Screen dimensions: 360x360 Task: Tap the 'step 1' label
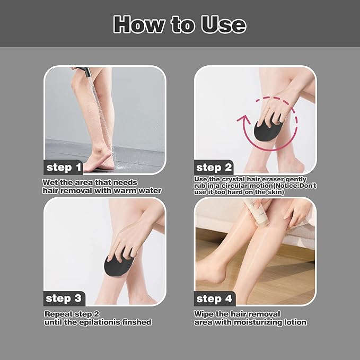click(64, 168)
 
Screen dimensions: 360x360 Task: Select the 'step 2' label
click(214, 168)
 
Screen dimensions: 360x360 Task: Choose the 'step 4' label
click(214, 298)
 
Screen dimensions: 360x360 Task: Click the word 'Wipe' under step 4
click(204, 314)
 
